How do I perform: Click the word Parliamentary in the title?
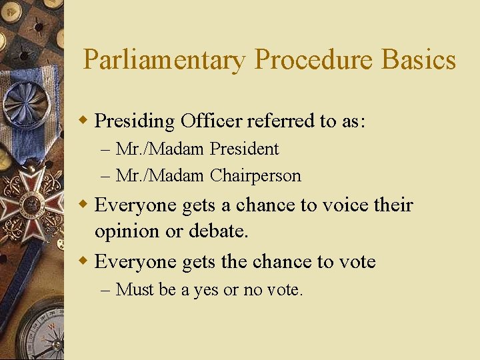(164, 60)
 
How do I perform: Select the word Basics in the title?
(419, 60)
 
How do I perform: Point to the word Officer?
(212, 121)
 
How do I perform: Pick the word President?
(244, 149)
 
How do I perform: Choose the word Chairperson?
(255, 176)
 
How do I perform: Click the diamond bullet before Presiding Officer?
(83, 121)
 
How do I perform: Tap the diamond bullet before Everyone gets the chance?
(83, 261)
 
